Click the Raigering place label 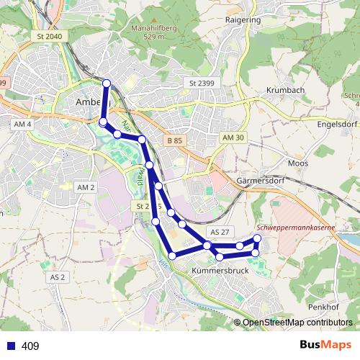(243, 20)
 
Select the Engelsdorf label (333, 123)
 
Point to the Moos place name (297, 164)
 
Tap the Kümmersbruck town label (220, 271)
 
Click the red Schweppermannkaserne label (295, 228)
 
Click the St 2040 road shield (49, 36)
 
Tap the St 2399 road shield (202, 84)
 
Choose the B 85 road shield (174, 140)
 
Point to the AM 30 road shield (234, 138)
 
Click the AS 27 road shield (219, 232)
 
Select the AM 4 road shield (24, 125)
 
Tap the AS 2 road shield (58, 276)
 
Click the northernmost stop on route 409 (107, 84)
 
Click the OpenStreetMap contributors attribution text (297, 323)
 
